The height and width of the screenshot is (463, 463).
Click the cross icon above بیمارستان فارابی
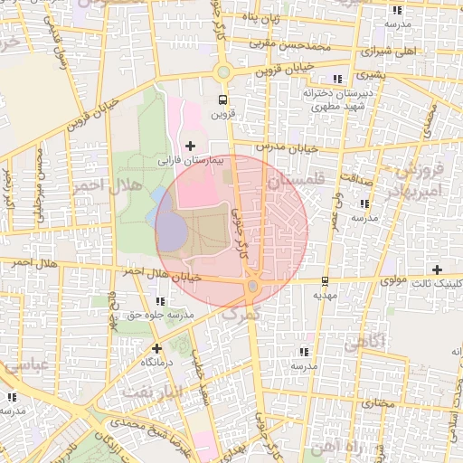(189, 145)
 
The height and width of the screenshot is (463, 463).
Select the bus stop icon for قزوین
(222, 99)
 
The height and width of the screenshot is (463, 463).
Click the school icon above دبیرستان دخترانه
(338, 79)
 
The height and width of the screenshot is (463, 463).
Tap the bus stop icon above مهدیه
(325, 280)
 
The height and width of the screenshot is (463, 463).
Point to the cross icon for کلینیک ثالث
(438, 269)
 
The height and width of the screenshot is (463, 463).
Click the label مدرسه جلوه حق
(160, 314)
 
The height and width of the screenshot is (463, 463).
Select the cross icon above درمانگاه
(156, 347)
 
